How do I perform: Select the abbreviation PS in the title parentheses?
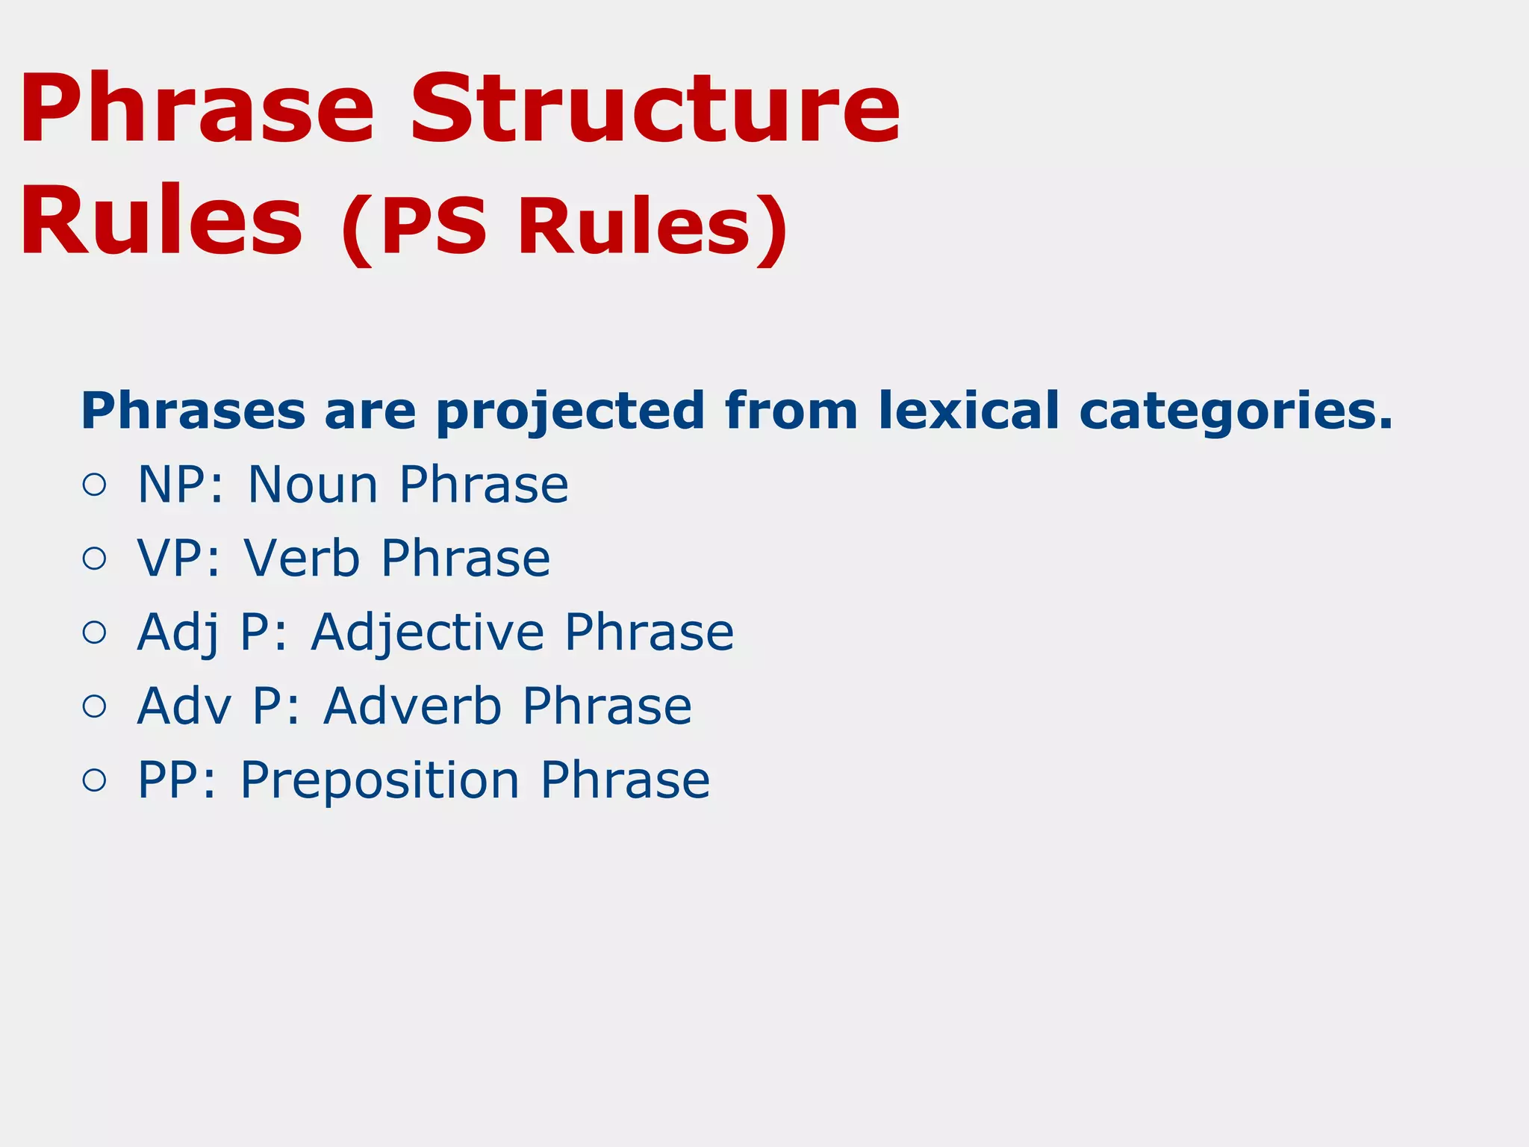tap(433, 226)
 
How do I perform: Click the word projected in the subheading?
tap(570, 411)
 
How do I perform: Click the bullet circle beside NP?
tap(95, 485)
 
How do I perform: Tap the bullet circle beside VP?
tap(95, 559)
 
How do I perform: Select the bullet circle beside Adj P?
tap(95, 632)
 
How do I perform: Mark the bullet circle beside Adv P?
tap(95, 706)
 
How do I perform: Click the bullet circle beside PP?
tap(95, 780)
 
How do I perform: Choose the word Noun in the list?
tap(313, 485)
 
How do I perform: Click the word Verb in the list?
tap(302, 559)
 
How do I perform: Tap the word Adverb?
tap(412, 706)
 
